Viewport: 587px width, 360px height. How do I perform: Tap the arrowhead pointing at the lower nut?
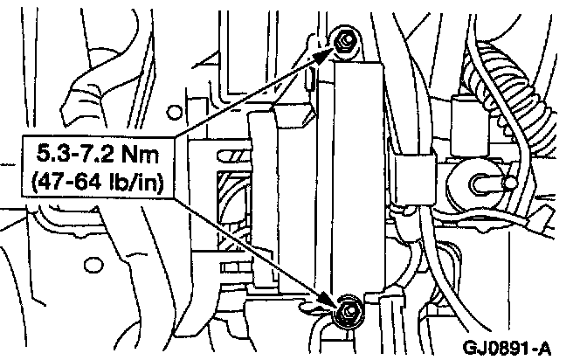coord(331,301)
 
